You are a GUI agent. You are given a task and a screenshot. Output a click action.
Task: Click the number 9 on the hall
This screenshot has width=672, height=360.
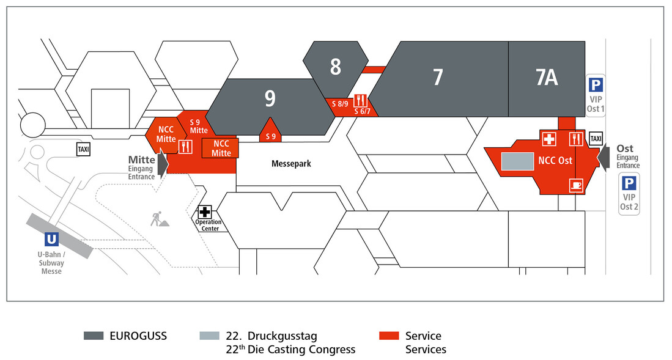point(270,98)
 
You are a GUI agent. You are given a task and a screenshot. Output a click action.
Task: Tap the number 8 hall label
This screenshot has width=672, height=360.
point(335,67)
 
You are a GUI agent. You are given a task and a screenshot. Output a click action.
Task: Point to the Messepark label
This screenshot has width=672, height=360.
point(292,164)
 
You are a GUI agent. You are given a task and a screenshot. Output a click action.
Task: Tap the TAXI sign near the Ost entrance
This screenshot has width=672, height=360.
point(595,139)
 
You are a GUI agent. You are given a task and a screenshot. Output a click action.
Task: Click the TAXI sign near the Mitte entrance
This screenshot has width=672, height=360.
point(83,149)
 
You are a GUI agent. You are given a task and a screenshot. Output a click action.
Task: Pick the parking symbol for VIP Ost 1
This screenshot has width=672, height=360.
point(595,85)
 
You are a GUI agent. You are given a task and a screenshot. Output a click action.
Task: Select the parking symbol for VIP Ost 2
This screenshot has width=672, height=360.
point(629,183)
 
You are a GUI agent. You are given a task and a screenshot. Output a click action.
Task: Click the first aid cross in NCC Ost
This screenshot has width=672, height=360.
point(548,139)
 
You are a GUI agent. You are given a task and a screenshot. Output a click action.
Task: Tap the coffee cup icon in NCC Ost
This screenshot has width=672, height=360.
point(575,184)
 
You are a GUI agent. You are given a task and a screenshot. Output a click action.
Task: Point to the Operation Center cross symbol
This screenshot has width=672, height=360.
point(204,212)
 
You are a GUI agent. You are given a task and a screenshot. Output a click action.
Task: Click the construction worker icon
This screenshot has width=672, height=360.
point(158,218)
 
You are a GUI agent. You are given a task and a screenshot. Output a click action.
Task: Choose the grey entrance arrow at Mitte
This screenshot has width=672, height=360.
point(163,164)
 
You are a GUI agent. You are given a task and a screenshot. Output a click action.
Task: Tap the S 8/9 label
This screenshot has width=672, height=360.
point(340,103)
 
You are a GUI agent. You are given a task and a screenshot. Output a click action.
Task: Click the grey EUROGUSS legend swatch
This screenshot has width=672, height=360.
point(94,336)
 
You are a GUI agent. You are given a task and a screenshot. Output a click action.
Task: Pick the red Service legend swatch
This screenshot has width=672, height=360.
point(389,336)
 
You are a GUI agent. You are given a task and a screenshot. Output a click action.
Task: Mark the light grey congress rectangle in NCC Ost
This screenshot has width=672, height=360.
point(517,161)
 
